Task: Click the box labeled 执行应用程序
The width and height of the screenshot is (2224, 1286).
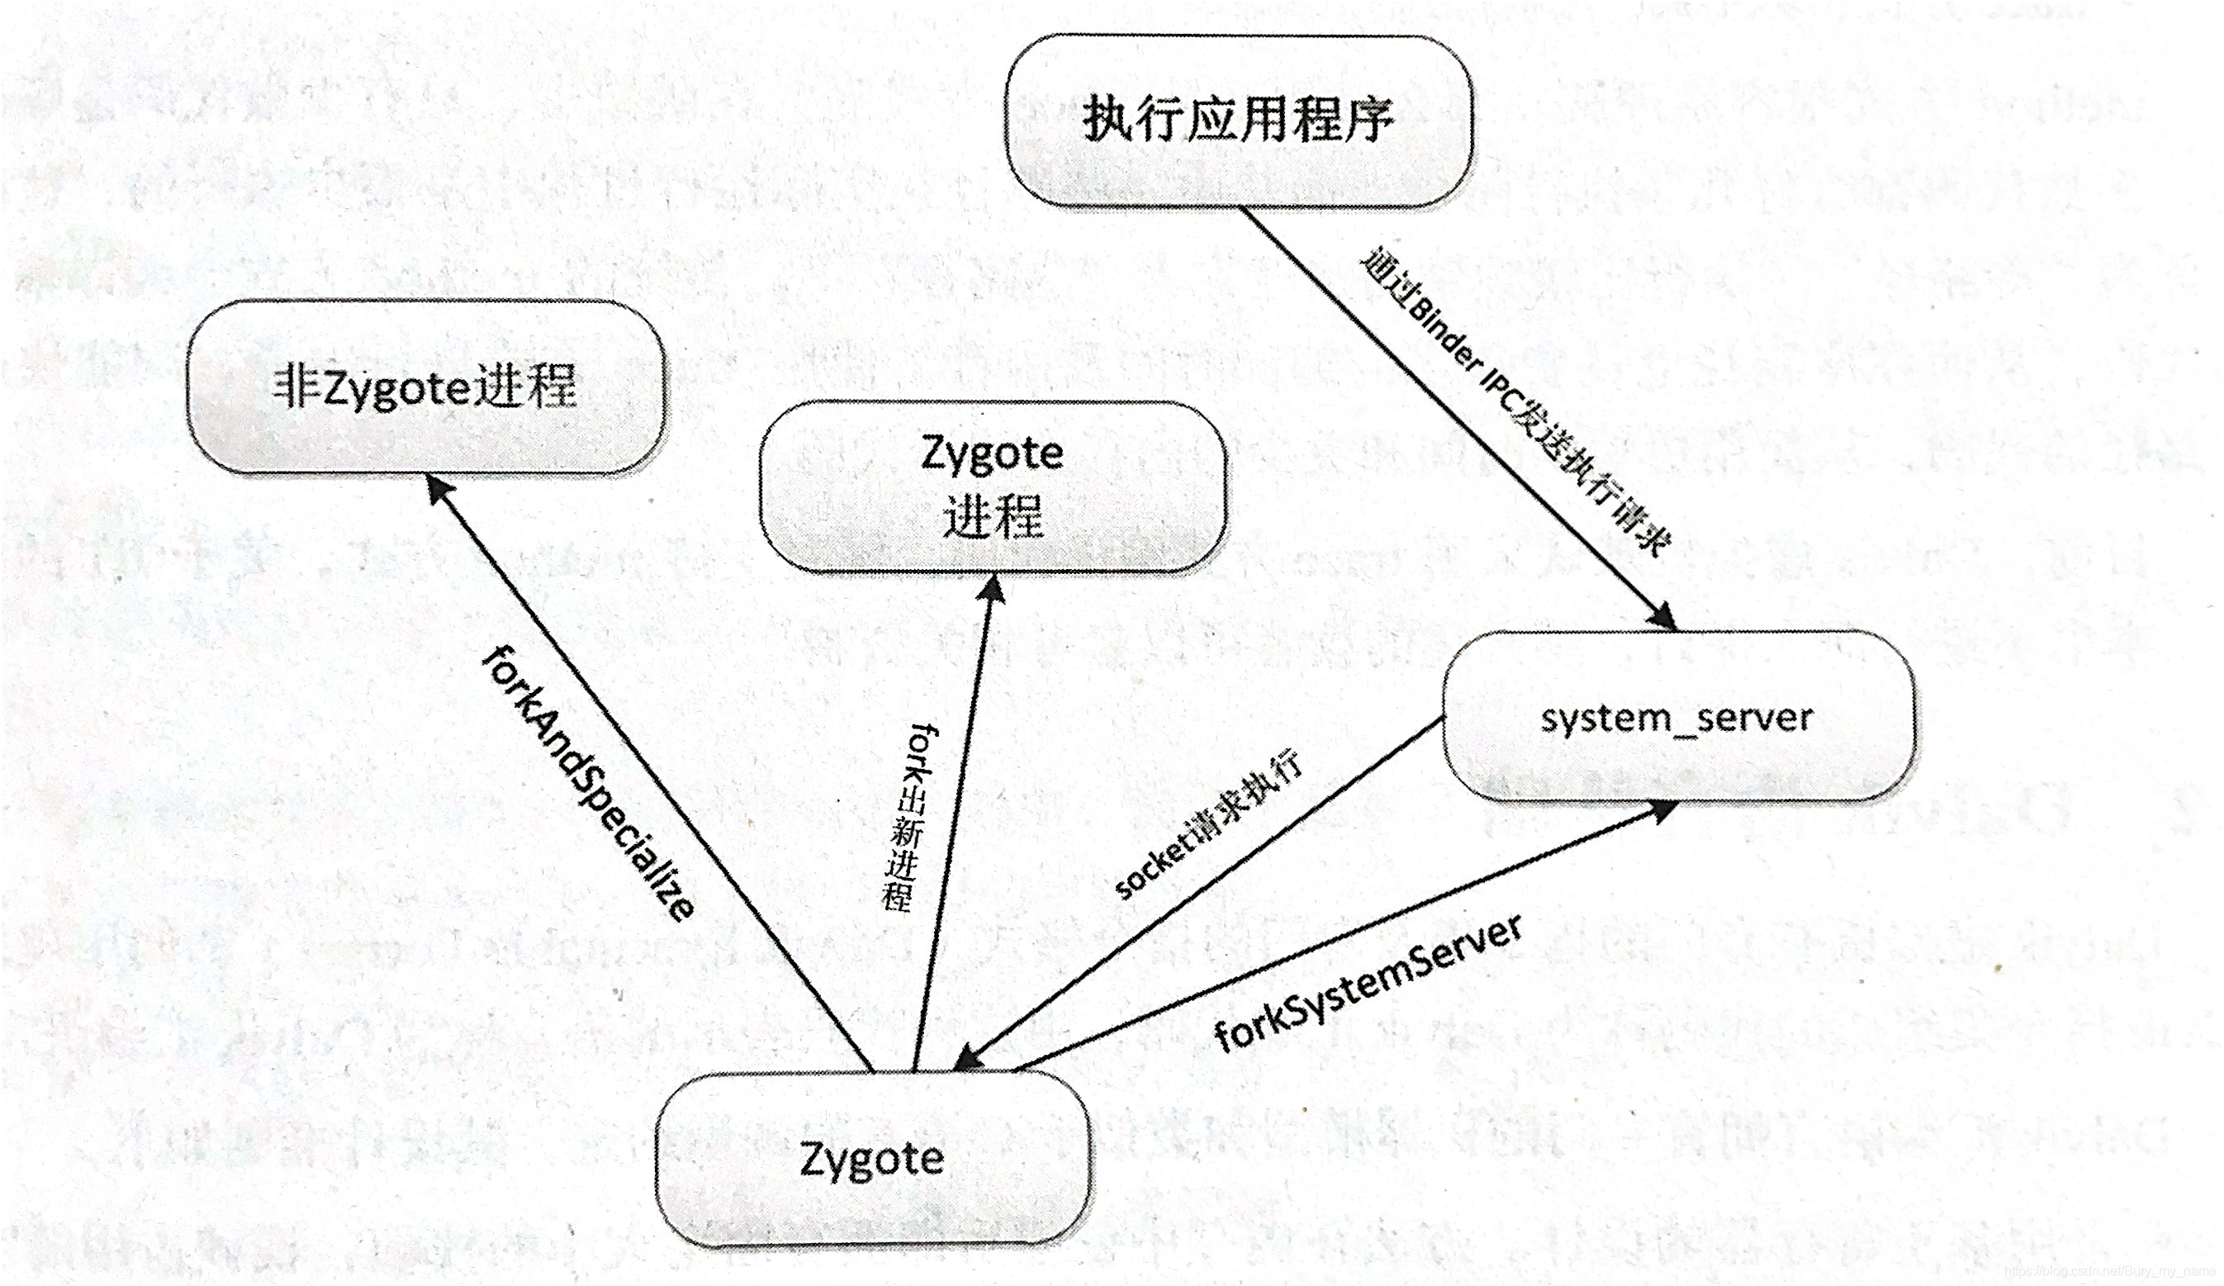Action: coord(1238,120)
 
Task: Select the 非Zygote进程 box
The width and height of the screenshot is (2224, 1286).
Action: coord(425,387)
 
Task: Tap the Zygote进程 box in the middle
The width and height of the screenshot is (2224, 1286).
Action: coord(993,486)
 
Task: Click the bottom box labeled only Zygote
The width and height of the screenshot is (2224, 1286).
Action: coord(872,1158)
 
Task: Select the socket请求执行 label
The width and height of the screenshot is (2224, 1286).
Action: coord(1208,825)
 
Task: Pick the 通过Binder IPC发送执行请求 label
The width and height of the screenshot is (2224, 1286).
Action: coord(1515,402)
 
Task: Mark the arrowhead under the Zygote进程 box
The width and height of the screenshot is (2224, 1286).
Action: coord(993,590)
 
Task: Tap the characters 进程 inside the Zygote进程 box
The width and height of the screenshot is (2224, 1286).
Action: coord(993,516)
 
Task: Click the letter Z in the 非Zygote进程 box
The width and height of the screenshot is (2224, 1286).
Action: coord(337,388)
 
